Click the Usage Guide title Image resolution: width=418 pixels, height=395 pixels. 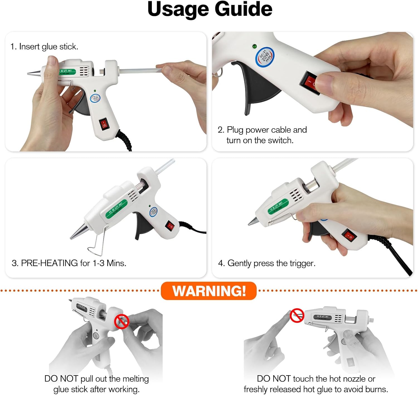pyautogui.click(x=210, y=9)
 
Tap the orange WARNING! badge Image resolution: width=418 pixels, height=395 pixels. pyautogui.click(x=209, y=291)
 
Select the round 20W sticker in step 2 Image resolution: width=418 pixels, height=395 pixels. pyautogui.click(x=265, y=57)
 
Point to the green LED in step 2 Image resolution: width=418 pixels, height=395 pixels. pyautogui.click(x=254, y=46)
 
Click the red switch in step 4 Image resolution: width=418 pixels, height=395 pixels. pyautogui.click(x=350, y=236)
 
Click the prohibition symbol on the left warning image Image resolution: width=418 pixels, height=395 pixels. pyautogui.click(x=121, y=321)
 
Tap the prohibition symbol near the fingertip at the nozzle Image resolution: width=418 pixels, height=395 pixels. pyautogui.click(x=297, y=316)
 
